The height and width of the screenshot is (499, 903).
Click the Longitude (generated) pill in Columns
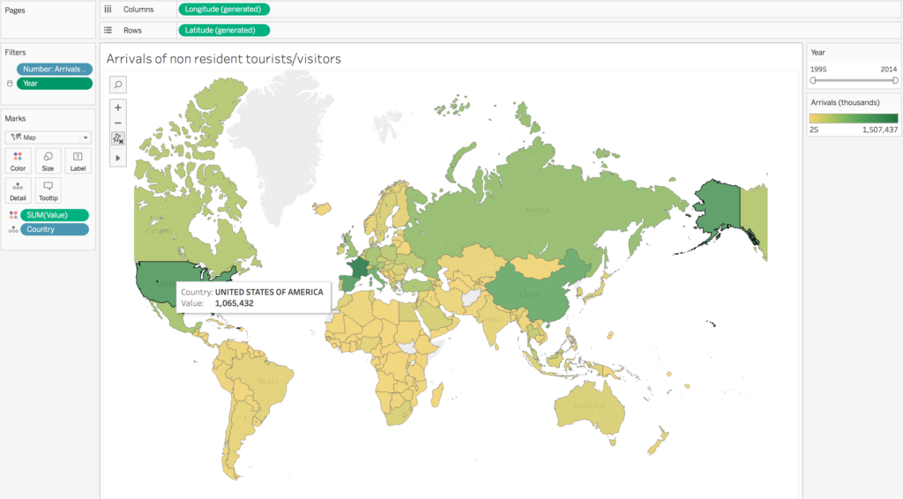click(224, 9)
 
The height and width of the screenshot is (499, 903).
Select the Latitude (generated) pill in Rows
click(223, 30)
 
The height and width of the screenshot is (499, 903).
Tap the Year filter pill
click(54, 84)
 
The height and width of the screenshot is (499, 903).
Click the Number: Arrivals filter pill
click(54, 69)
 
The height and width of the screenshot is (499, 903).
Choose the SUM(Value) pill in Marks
click(54, 215)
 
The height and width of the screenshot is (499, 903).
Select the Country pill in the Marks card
click(54, 229)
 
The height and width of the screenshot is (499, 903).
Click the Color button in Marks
click(18, 160)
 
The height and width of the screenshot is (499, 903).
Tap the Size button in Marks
click(48, 160)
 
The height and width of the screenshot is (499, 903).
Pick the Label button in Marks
click(78, 160)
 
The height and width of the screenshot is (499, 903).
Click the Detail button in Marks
click(18, 190)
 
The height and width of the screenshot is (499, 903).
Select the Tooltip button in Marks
click(48, 190)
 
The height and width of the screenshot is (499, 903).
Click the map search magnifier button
click(118, 85)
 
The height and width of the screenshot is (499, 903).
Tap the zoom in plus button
click(118, 107)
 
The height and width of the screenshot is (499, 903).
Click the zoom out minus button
click(118, 123)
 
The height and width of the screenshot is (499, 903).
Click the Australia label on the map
click(588, 406)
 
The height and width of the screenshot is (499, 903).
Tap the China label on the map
click(530, 294)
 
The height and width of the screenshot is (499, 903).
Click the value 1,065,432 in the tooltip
click(235, 302)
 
